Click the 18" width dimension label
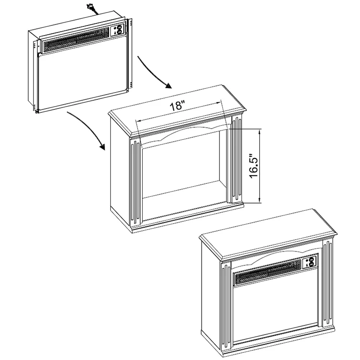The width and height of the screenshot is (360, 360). tap(177, 106)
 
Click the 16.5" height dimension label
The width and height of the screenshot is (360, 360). tap(254, 166)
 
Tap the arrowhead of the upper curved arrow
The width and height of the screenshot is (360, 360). tap(169, 86)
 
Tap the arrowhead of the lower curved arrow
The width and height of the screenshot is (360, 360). tap(102, 147)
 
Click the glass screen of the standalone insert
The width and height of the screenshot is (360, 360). tap(82, 81)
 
